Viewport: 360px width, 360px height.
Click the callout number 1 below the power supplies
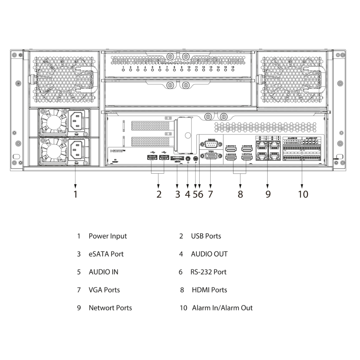(x=75, y=194)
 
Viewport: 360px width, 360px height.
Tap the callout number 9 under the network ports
(x=268, y=194)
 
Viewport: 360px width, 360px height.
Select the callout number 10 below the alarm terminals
(x=303, y=194)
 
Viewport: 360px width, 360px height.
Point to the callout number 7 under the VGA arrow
(x=210, y=194)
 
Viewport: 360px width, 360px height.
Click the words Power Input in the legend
(x=108, y=236)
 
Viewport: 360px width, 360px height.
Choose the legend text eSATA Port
(x=106, y=254)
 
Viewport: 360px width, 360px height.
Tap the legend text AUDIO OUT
(x=209, y=254)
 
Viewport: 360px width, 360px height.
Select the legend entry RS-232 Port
(x=208, y=272)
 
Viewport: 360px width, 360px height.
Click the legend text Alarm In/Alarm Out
(x=222, y=308)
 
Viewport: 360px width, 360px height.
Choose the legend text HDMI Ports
(x=209, y=290)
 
